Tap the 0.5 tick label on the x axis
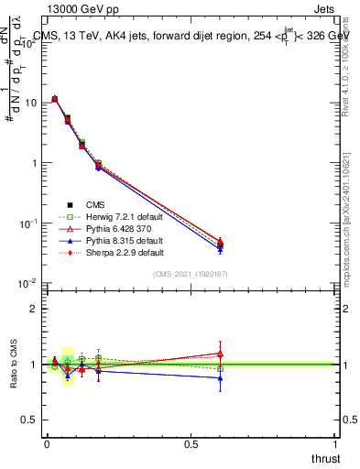coord(191,443)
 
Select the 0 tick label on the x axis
coord(47,443)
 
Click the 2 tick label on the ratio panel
coord(34,309)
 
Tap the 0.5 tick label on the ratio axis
coord(30,420)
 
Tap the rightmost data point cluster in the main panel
coord(220,244)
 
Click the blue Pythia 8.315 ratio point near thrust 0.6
coord(220,377)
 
